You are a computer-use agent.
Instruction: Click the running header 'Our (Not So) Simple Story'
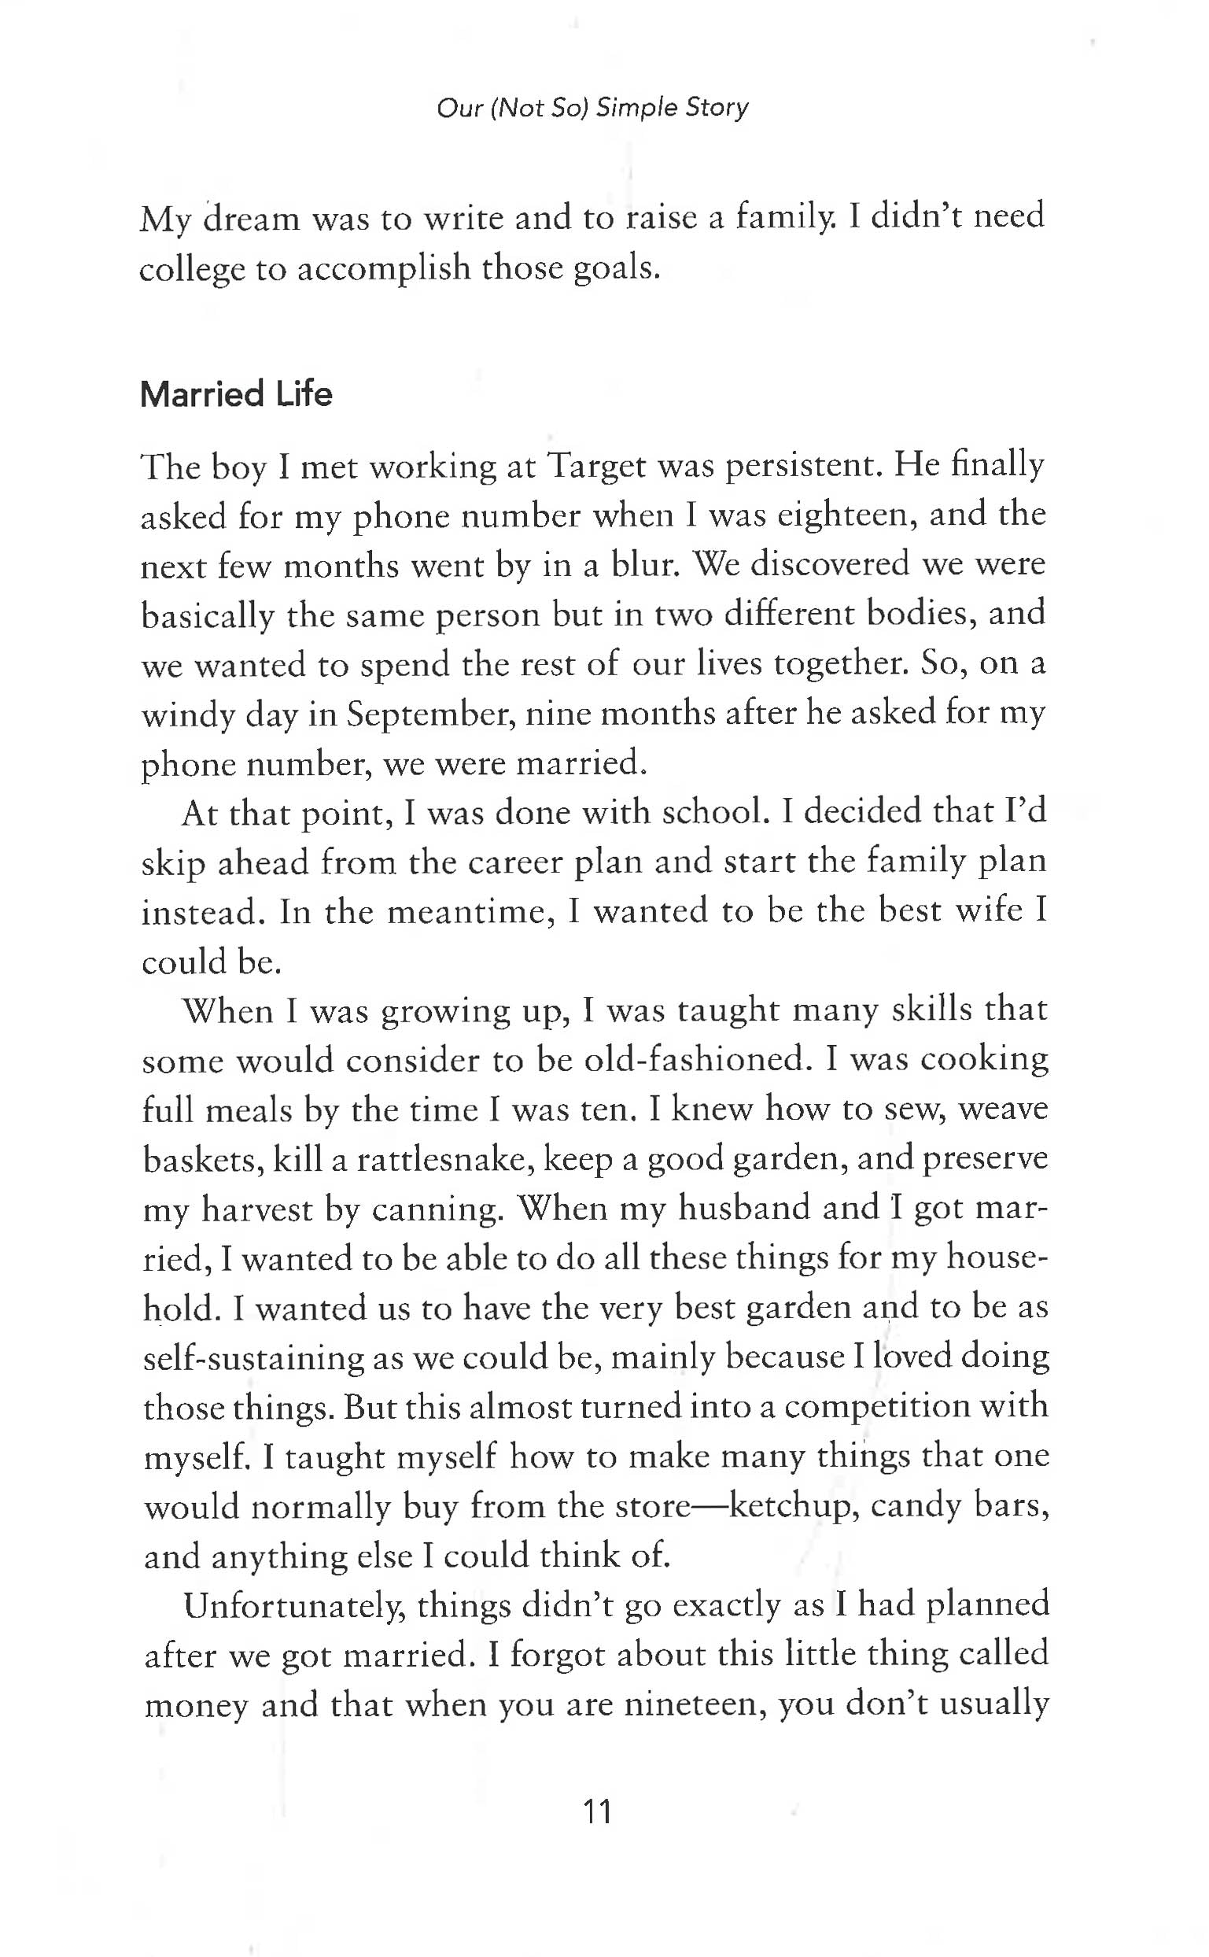592,107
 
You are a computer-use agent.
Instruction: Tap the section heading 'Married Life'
236,394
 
